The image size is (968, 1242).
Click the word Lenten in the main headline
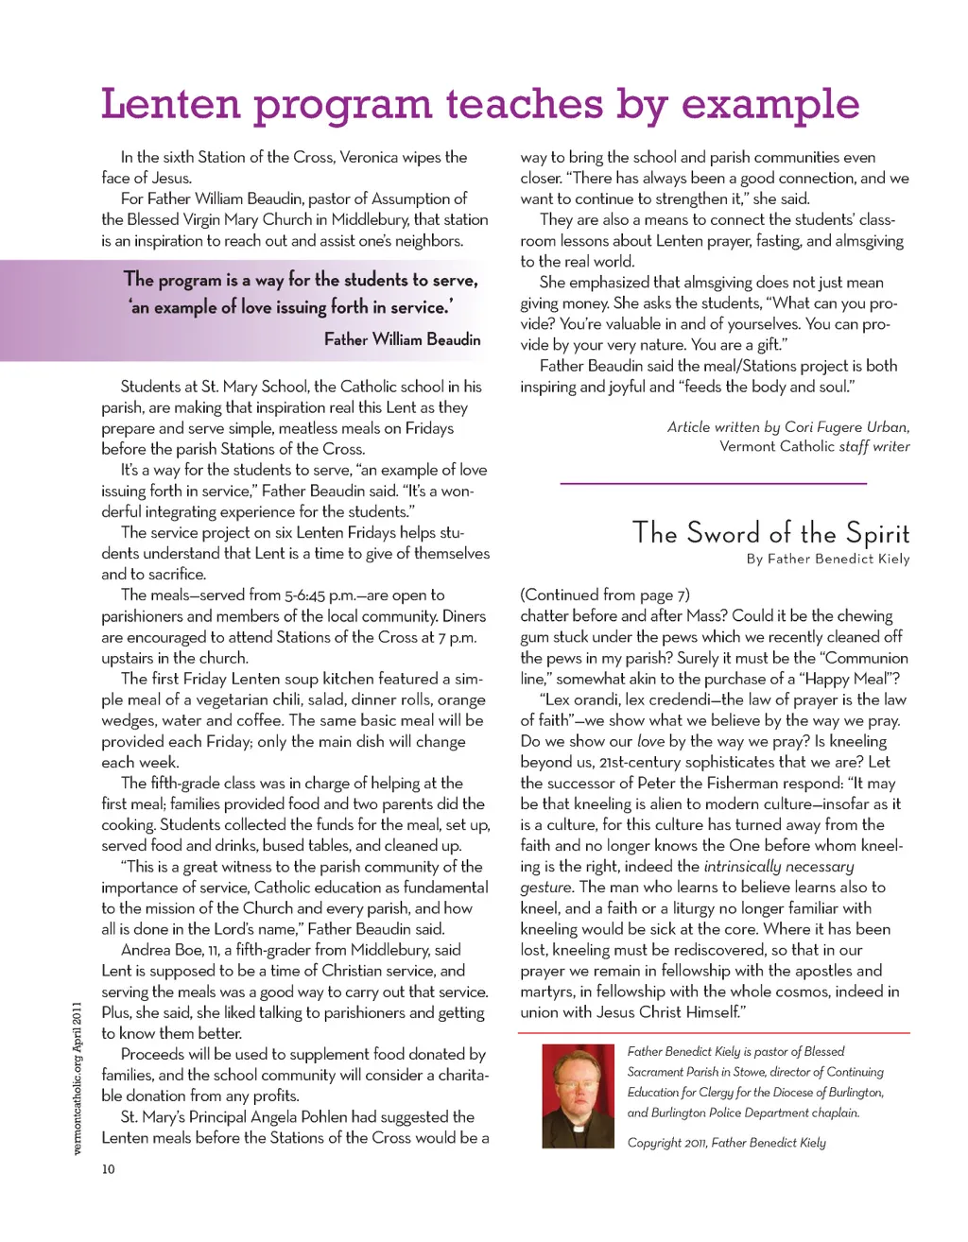[170, 104]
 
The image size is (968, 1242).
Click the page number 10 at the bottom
[108, 1169]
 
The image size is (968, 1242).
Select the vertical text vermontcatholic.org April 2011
[78, 1078]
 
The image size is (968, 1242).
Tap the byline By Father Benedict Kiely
[827, 559]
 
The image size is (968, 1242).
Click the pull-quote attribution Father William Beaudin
[402, 339]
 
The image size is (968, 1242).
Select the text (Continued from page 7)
[605, 595]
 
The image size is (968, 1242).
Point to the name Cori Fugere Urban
[846, 426]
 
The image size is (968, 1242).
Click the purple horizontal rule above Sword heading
[714, 484]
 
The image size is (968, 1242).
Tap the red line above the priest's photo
[714, 1033]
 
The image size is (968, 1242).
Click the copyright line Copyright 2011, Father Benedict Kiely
[726, 1142]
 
